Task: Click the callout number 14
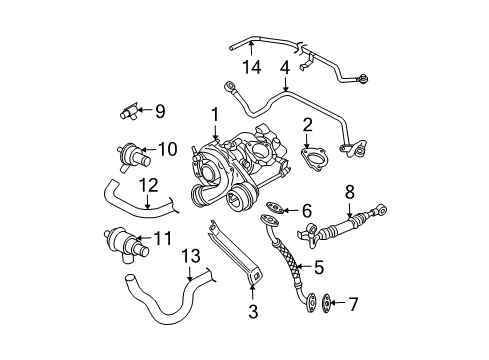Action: coord(251,67)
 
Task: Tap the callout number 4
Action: coord(285,67)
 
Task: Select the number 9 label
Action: coord(160,111)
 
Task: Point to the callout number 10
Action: coord(167,149)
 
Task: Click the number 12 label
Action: coord(148,185)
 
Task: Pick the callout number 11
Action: coord(163,238)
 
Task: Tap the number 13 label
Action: coord(191,256)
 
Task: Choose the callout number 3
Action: coord(253,312)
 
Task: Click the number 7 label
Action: coord(353,304)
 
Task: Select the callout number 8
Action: coord(350,192)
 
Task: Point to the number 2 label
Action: coord(307,125)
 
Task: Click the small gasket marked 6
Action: coord(275,207)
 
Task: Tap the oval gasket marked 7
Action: coord(326,302)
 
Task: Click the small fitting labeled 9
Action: coord(130,111)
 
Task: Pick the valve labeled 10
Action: coord(133,157)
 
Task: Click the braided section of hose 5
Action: coord(289,262)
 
